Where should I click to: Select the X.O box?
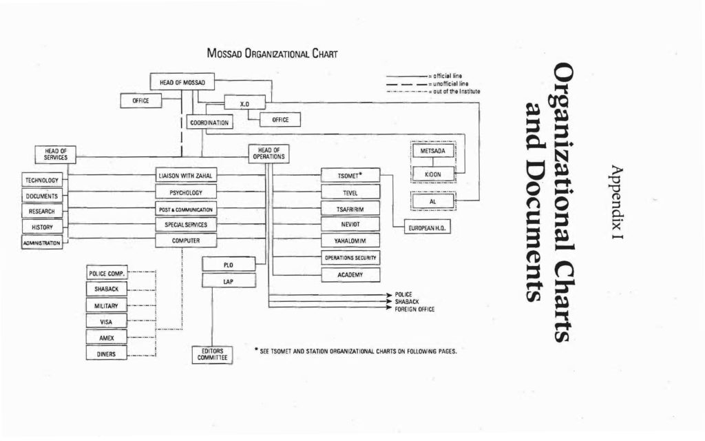[x=244, y=103]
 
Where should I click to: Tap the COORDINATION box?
[x=209, y=123]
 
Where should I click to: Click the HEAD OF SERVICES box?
[x=56, y=154]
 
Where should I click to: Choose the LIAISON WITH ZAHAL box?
[x=185, y=176]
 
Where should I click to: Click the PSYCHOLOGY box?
[x=185, y=192]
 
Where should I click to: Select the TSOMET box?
[x=350, y=176]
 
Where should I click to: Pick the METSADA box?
[x=433, y=151]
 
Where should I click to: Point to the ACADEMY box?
[x=350, y=275]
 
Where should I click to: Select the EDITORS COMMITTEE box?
[x=212, y=355]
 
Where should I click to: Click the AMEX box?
[x=107, y=338]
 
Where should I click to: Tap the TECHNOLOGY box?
[x=42, y=181]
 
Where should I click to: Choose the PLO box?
[x=229, y=265]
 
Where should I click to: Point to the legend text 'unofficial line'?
[x=450, y=83]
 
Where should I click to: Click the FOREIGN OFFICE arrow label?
[x=414, y=309]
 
